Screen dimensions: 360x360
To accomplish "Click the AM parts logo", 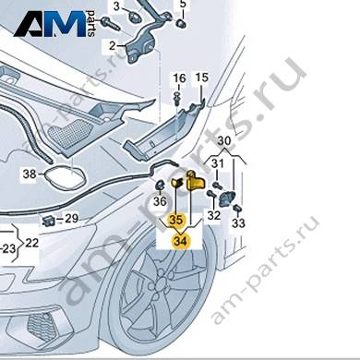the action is click(54, 24).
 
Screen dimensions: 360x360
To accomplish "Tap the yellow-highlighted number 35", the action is click(176, 221).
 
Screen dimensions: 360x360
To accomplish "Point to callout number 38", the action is click(30, 174).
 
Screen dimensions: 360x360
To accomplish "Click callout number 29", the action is click(71, 219).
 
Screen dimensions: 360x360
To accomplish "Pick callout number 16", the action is click(179, 78).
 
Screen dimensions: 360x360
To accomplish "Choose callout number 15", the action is click(202, 78).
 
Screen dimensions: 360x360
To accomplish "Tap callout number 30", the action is click(224, 141).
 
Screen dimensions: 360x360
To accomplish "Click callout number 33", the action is click(238, 223).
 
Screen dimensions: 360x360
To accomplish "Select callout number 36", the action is click(160, 202).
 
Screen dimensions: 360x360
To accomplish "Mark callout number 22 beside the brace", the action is click(32, 243).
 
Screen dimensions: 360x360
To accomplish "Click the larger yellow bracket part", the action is click(195, 180).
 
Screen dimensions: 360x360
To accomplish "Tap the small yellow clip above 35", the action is click(176, 183).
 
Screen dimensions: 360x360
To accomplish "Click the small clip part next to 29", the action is click(48, 220).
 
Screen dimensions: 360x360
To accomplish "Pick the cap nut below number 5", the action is click(181, 23).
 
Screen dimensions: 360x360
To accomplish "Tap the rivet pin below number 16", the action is click(177, 97).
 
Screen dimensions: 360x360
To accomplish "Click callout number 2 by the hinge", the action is click(112, 46).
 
